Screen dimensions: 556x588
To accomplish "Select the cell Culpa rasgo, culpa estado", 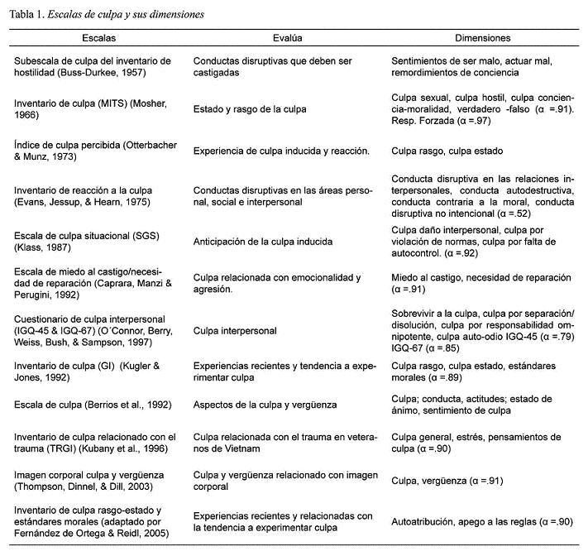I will tap(447, 151).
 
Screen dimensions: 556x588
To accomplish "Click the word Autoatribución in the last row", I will tap(425, 522).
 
